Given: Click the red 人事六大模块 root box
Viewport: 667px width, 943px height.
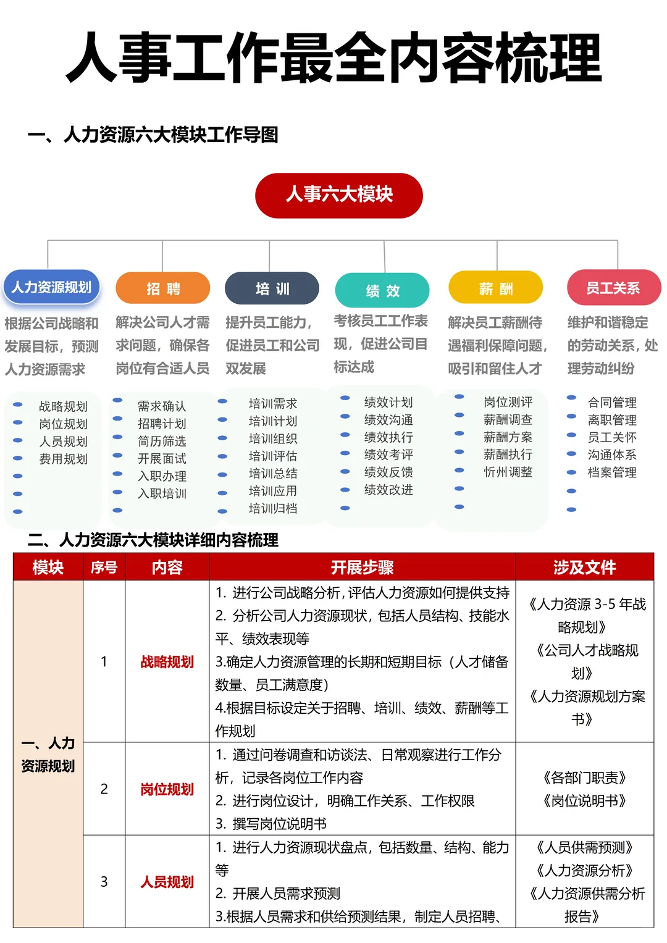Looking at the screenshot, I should point(338,195).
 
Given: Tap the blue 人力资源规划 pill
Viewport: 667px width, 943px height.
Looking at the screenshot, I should point(51,287).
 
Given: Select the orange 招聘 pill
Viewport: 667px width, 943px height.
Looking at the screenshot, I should point(163,288).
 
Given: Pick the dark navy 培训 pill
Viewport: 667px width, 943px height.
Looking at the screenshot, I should point(272,288).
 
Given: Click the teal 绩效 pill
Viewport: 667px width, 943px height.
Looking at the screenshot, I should point(382,290).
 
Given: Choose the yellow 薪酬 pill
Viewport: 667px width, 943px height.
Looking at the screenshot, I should point(495,288).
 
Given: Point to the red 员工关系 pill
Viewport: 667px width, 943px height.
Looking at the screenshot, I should point(613,288).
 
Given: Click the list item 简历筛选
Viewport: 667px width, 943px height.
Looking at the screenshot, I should point(162,441).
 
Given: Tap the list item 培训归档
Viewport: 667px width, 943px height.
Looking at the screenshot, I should point(272,508).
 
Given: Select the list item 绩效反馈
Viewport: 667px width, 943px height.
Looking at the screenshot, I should point(388,472).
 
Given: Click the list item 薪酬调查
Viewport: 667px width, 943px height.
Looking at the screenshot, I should point(508,419).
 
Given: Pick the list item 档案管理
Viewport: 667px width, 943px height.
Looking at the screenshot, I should point(611,472).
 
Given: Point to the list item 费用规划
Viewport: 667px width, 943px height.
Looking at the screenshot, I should point(63,459).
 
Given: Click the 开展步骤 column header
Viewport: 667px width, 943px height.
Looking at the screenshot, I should point(362,567).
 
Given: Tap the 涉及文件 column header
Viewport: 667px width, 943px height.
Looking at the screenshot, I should point(584,567).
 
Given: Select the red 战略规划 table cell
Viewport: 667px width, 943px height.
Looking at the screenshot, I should point(167,662).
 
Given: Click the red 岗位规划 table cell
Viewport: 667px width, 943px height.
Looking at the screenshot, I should point(167,789).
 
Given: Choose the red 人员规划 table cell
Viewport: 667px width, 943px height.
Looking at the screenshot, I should point(167,882).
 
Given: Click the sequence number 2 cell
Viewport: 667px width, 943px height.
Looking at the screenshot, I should point(104,789).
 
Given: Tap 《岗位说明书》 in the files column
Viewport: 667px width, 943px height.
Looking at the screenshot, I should point(584,801).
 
